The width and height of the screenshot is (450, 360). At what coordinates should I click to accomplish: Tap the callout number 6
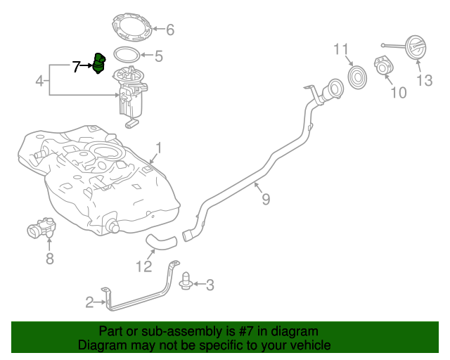[169, 30]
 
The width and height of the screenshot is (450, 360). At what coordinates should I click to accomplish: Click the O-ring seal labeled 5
[125, 54]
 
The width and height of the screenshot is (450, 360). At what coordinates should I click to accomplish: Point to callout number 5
[158, 56]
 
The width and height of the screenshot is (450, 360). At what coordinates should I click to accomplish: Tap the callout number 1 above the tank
[159, 148]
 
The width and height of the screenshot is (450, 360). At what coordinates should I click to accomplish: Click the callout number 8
[49, 259]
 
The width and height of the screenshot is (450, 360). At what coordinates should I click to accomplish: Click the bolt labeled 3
[186, 279]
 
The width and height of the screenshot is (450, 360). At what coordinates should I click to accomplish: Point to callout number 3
[209, 285]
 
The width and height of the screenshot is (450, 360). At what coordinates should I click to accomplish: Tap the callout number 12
[143, 266]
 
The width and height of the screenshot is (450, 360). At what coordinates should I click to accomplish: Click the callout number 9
[266, 200]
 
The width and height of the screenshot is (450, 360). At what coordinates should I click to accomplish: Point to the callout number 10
[398, 92]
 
